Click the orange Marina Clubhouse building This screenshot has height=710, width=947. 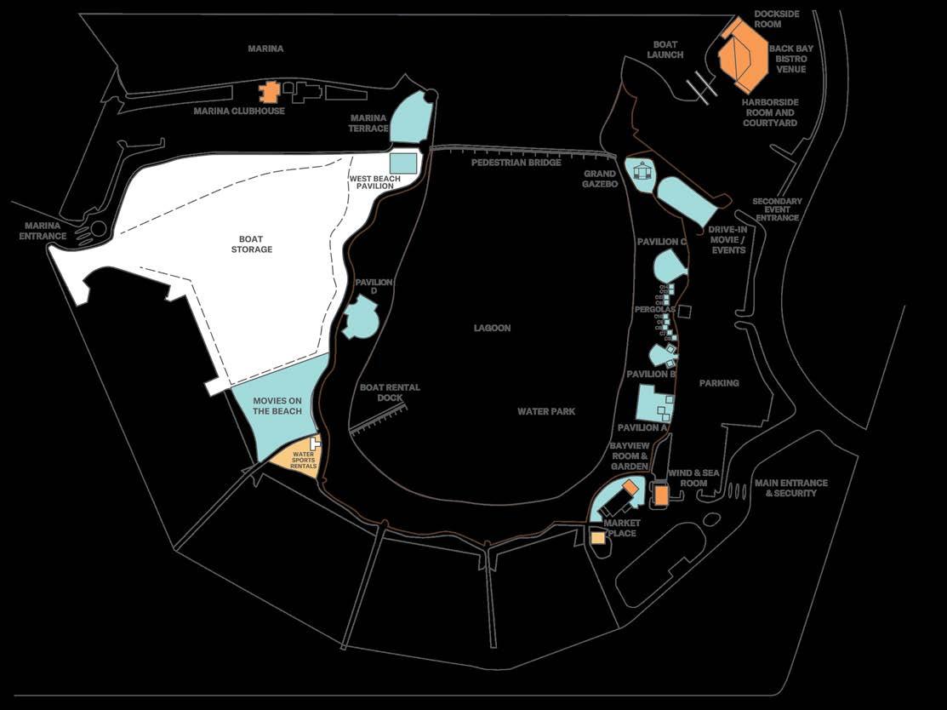(270, 91)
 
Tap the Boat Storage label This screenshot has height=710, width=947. (252, 243)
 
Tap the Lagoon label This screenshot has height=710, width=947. (493, 328)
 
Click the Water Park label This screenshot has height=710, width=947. (546, 411)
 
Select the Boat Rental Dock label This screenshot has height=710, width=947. (390, 392)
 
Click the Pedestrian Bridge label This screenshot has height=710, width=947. (516, 162)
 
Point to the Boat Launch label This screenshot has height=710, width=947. (665, 49)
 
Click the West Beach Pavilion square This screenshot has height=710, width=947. (403, 163)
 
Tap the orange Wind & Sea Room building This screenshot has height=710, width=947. (660, 495)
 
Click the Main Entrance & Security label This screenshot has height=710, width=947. (790, 488)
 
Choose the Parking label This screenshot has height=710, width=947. (719, 383)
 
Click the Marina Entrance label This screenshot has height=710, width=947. (43, 231)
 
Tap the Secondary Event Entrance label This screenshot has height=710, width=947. (777, 209)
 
